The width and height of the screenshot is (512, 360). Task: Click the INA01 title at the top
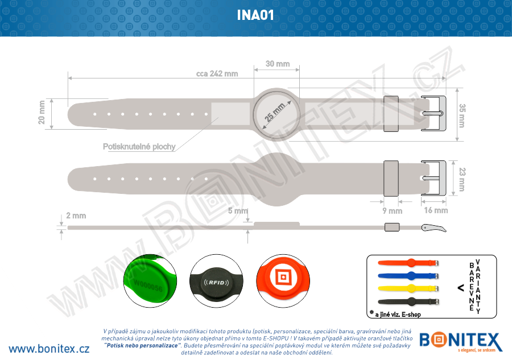coord(255,15)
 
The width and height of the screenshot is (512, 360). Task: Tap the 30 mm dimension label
coord(278,64)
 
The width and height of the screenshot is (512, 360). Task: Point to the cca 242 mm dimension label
coord(217,74)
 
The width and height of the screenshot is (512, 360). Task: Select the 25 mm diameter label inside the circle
coord(275,111)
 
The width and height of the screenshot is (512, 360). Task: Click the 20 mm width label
coord(42,112)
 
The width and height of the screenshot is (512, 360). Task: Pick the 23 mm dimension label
coord(462,180)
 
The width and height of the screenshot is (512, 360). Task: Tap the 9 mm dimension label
coord(392,211)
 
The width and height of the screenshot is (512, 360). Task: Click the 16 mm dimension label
coord(436,210)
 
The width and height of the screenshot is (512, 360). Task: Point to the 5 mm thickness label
coord(238,211)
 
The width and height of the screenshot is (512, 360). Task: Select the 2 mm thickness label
coord(76,216)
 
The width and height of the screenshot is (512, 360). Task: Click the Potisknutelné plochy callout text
coord(139,147)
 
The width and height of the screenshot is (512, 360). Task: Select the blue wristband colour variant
coord(408,275)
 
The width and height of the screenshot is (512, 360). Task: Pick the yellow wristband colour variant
coord(408,288)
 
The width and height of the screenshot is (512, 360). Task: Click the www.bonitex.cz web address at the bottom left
coord(49,348)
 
